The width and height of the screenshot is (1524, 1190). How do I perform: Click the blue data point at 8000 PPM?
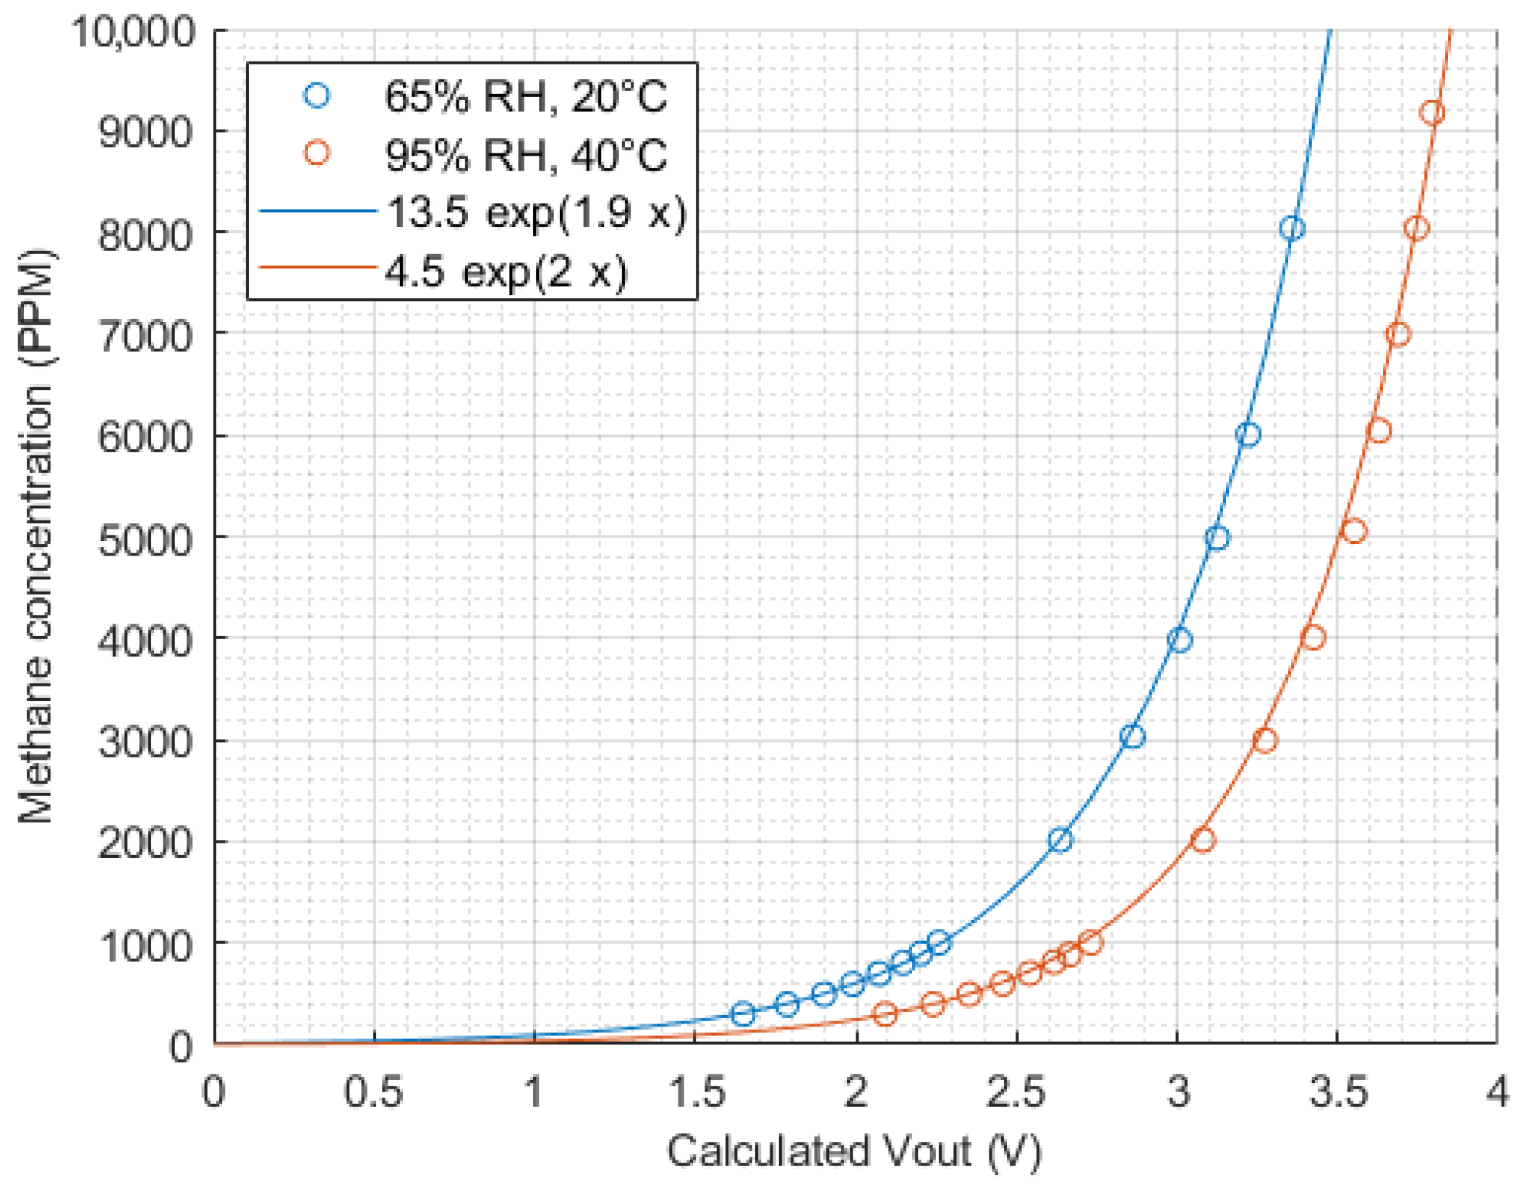(1292, 229)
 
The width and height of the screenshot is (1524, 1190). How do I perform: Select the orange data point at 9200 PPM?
(1431, 113)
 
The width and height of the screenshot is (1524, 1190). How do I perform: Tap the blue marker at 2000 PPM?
(1060, 841)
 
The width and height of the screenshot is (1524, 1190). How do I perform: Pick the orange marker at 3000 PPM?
(1264, 741)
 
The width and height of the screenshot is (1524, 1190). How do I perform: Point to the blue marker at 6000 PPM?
(1248, 435)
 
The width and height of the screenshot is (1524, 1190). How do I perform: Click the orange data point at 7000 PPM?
(1398, 334)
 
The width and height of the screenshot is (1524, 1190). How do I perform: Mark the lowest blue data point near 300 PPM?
(743, 1013)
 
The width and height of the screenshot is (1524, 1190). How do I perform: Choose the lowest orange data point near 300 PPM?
(885, 1013)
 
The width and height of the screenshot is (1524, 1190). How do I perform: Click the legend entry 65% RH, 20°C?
(525, 96)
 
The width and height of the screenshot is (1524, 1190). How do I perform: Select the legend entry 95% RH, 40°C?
(525, 155)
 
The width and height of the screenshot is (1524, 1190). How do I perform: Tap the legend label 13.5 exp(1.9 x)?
(536, 213)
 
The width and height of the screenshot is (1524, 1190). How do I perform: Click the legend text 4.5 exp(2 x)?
(506, 272)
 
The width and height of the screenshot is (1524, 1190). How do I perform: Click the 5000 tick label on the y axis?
(145, 540)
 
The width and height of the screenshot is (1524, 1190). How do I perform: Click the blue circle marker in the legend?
(317, 95)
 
